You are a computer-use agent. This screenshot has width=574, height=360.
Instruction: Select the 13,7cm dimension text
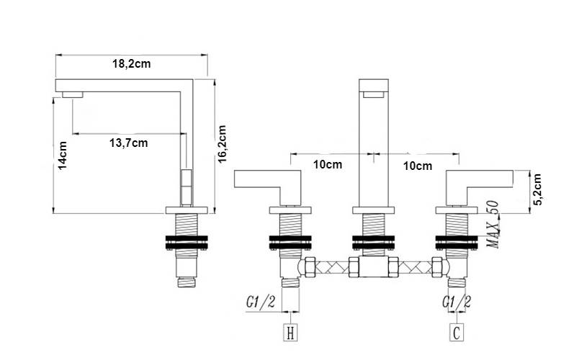click(128, 143)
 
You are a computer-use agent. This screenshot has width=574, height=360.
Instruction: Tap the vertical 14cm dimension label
click(63, 157)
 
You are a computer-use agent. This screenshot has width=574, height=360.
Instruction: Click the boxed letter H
click(290, 333)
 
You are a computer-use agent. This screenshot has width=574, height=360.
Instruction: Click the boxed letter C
click(457, 333)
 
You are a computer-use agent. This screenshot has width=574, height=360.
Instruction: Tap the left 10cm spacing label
click(328, 165)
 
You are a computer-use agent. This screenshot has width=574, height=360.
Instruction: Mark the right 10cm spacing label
click(418, 166)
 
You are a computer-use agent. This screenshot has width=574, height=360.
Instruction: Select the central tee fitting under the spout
click(373, 268)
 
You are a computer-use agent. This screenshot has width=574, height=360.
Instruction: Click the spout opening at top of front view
click(373, 93)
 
